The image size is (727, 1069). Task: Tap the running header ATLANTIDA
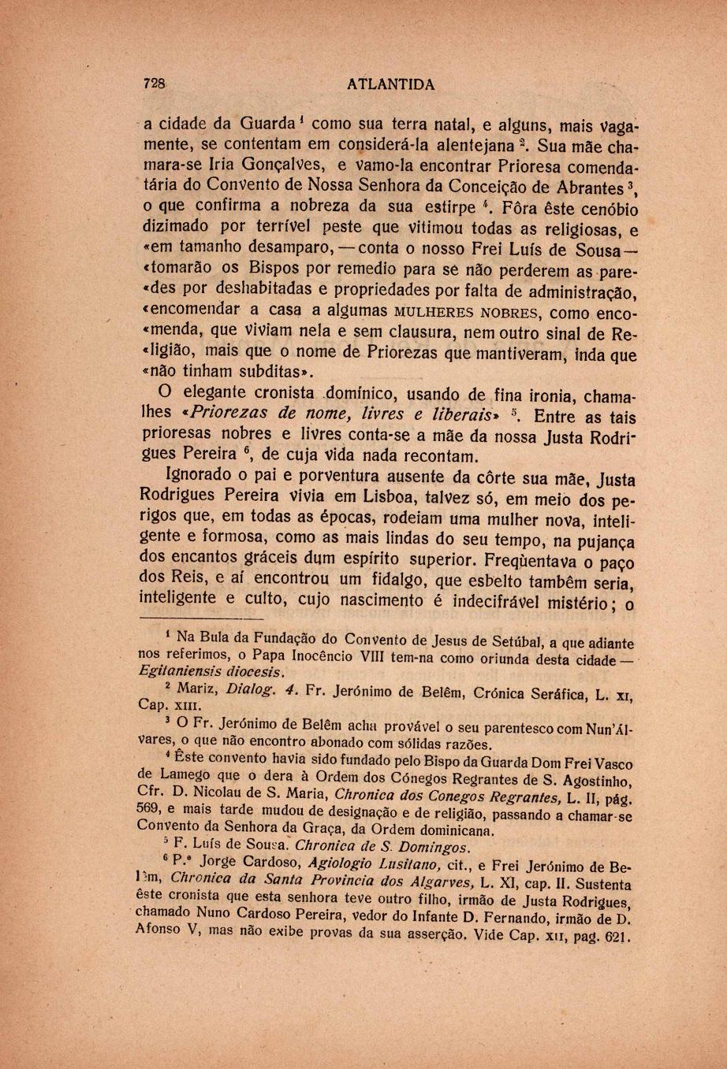390,84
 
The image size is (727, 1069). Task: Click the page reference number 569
150,811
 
